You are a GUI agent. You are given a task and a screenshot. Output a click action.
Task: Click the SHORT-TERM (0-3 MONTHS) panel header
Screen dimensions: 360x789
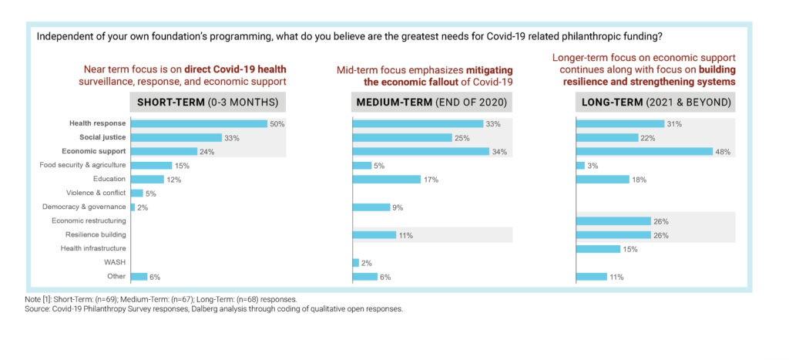pyautogui.click(x=208, y=103)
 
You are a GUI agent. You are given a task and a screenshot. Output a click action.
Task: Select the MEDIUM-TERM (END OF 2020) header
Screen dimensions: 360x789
pyautogui.click(x=431, y=103)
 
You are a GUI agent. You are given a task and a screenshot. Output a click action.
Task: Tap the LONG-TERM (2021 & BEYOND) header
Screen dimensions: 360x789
pyautogui.click(x=655, y=103)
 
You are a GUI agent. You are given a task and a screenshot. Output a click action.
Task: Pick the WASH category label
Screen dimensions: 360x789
pyautogui.click(x=116, y=262)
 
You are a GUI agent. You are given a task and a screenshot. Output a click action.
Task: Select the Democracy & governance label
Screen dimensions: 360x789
pyautogui.click(x=84, y=207)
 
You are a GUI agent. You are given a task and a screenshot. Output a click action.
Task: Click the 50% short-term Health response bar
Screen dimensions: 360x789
pyautogui.click(x=199, y=123)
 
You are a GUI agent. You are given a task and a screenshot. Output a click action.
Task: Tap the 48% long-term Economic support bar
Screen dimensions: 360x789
pyautogui.click(x=644, y=151)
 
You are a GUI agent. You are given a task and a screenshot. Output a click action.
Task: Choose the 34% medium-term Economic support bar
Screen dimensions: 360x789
pyautogui.click(x=421, y=151)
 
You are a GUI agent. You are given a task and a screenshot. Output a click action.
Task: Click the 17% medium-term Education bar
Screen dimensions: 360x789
pyautogui.click(x=386, y=179)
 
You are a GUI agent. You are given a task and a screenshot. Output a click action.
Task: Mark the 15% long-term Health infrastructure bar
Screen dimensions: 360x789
pyautogui.click(x=598, y=248)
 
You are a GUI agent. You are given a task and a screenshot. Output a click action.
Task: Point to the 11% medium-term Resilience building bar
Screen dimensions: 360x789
pyautogui.click(x=374, y=234)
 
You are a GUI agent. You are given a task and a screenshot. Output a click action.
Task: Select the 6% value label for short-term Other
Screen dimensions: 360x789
pyautogui.click(x=155, y=277)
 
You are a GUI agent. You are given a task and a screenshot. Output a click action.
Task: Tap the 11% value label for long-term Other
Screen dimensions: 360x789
pyautogui.click(x=616, y=277)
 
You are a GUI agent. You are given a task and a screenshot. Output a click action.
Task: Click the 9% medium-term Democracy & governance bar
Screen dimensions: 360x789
pyautogui.click(x=371, y=207)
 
